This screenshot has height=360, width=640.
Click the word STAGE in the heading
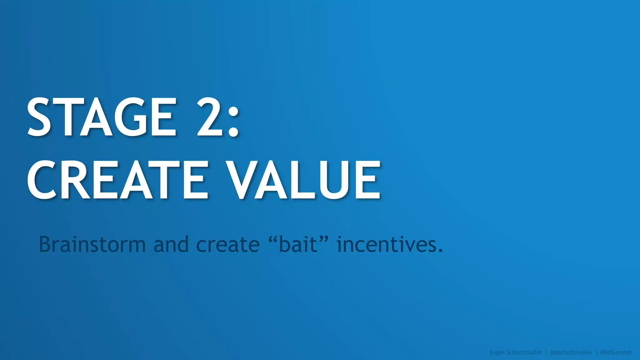pyautogui.click(x=102, y=117)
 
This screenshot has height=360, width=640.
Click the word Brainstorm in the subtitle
pyautogui.click(x=92, y=244)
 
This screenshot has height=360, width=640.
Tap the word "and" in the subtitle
pyautogui.click(x=171, y=244)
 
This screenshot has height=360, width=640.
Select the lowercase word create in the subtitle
pyautogui.click(x=228, y=245)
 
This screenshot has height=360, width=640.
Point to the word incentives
pyautogui.click(x=386, y=244)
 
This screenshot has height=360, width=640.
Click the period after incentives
pyautogui.click(x=440, y=251)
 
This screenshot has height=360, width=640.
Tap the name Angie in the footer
pyautogui.click(x=497, y=352)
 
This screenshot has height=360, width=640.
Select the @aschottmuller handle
pyautogui.click(x=571, y=352)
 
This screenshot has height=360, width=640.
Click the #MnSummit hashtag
pyautogui.click(x=616, y=352)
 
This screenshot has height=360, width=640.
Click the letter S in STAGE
pyautogui.click(x=39, y=117)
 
